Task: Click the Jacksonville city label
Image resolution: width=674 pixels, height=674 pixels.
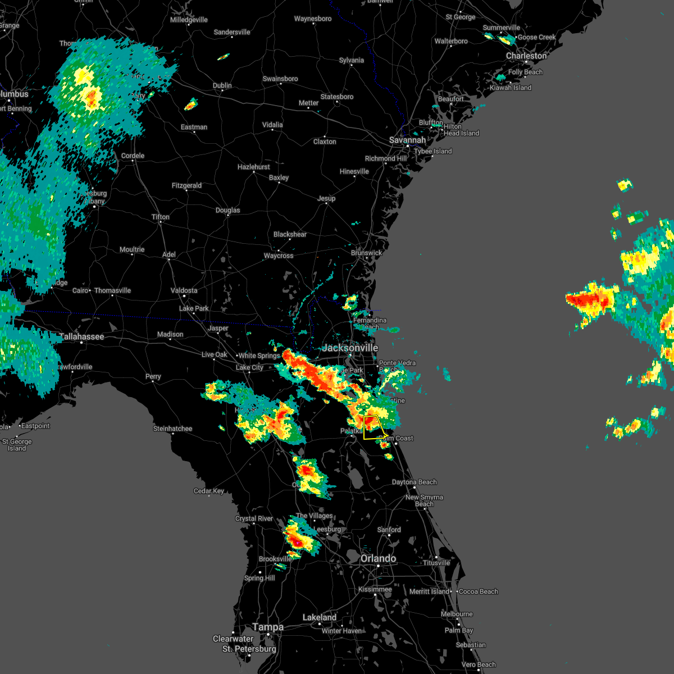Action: click(350, 348)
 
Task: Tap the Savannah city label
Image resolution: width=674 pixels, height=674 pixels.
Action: click(408, 140)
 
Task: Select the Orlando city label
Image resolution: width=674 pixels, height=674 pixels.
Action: click(378, 558)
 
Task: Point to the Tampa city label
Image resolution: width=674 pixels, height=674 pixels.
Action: click(268, 627)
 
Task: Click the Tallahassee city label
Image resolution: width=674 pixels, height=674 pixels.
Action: click(82, 336)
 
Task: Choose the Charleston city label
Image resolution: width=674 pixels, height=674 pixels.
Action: click(526, 56)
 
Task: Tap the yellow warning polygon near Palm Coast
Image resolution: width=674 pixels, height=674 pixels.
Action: click(372, 427)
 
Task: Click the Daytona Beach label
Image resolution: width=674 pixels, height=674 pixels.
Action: click(414, 482)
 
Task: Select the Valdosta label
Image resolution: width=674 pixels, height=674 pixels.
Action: click(184, 290)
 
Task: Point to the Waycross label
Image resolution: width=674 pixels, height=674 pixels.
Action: click(279, 256)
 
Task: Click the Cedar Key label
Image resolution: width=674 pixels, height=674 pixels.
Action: click(209, 491)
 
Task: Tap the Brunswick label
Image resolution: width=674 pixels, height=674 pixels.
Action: click(366, 253)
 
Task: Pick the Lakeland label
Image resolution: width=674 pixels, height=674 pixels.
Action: click(320, 617)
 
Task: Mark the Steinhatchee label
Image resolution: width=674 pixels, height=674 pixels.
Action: click(173, 429)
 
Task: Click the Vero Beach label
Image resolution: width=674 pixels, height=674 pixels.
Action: click(479, 664)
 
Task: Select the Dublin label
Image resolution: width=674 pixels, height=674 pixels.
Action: click(222, 85)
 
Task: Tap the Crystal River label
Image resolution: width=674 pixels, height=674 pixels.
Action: click(254, 518)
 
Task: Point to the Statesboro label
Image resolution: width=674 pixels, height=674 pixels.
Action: click(337, 97)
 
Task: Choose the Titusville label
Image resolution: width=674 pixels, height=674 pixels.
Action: click(436, 563)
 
